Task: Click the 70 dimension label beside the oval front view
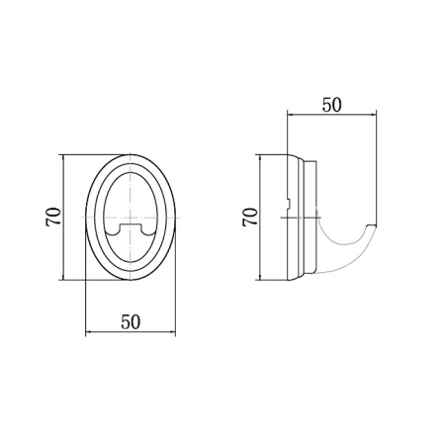point(53,217)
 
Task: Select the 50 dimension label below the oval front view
point(131,321)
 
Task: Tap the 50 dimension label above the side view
point(331,105)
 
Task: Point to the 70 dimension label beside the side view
point(250,217)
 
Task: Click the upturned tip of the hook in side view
point(372,226)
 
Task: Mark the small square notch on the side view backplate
point(289,204)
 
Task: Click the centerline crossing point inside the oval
point(131,218)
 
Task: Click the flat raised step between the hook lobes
point(131,225)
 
